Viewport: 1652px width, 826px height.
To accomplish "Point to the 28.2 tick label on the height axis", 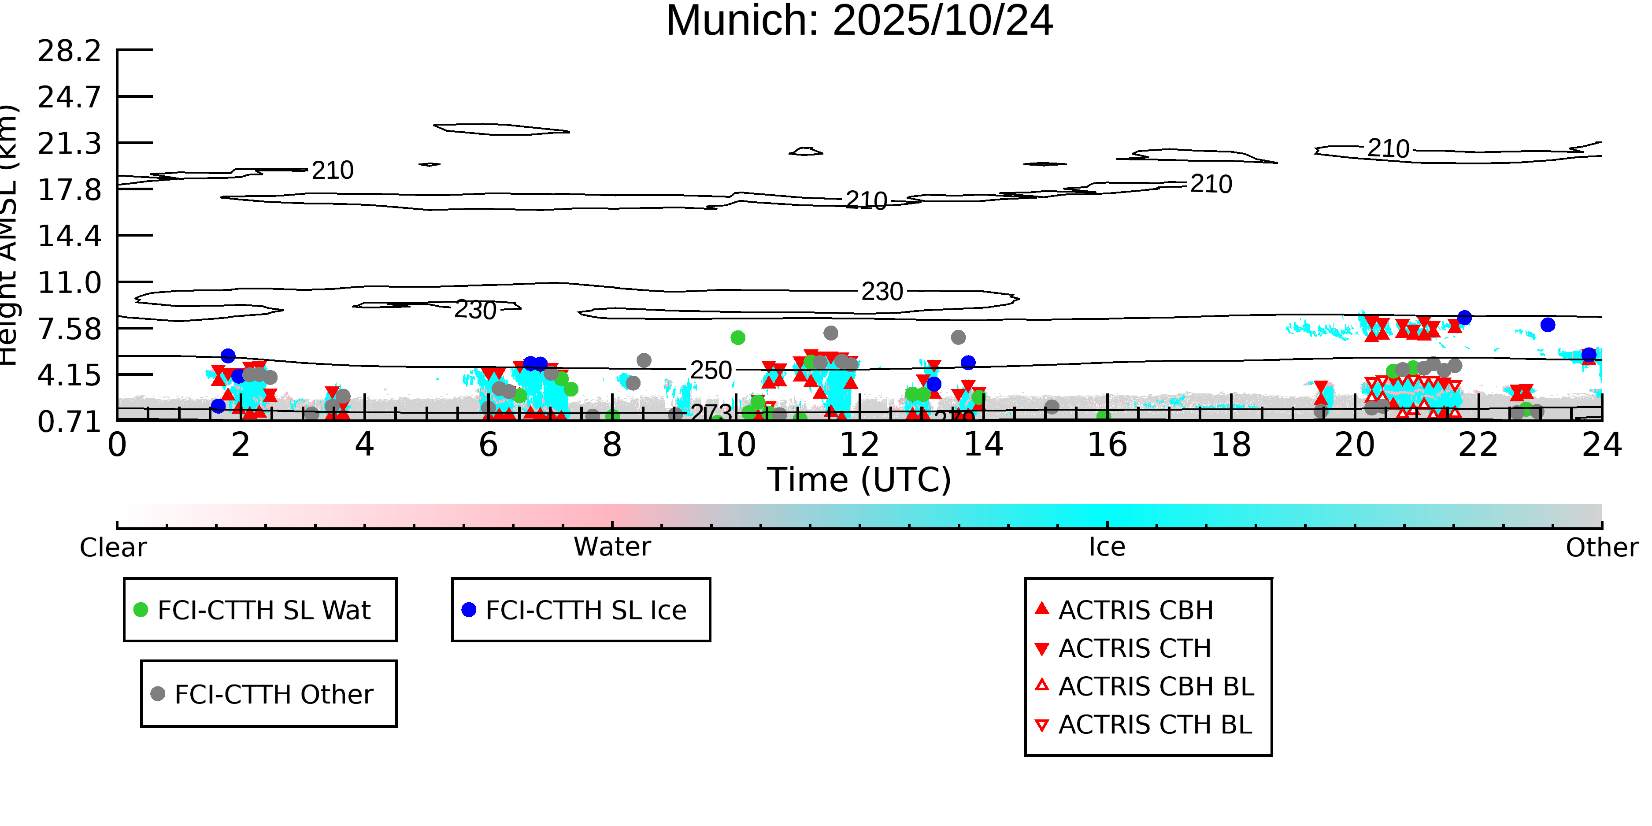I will coord(69,51).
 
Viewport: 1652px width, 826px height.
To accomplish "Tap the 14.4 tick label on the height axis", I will coord(69,236).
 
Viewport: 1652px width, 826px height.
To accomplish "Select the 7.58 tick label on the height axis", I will coord(69,329).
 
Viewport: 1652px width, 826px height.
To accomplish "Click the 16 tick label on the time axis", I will coord(1107,445).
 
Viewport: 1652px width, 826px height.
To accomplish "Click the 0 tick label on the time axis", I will coord(117,445).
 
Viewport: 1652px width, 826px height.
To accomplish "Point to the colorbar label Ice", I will coord(1107,547).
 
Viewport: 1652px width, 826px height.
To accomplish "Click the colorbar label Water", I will coord(612,547).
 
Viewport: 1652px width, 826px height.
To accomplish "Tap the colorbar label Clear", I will coord(113,548).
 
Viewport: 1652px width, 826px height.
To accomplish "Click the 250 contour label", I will coord(711,370).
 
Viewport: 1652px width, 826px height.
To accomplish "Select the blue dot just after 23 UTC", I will coord(1548,325).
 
